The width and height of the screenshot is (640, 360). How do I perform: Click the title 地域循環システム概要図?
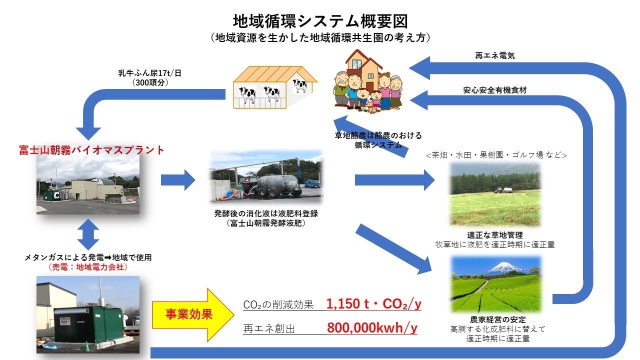tap(320, 20)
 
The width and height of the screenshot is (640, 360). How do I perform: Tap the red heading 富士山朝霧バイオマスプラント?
tap(91, 149)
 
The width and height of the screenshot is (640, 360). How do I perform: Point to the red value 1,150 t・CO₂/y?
tap(373, 304)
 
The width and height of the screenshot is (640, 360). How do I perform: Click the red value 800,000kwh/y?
tap(372, 328)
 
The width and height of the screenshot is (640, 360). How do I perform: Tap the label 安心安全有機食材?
tap(494, 90)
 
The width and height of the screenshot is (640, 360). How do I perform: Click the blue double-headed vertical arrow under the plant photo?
tap(88, 233)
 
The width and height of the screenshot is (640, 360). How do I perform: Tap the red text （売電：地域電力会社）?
tap(88, 268)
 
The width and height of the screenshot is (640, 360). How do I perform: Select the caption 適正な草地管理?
tap(494, 235)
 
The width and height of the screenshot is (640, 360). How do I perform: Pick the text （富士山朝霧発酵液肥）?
tap(265, 223)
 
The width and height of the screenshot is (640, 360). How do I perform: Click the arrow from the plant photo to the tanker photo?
tap(178, 179)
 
